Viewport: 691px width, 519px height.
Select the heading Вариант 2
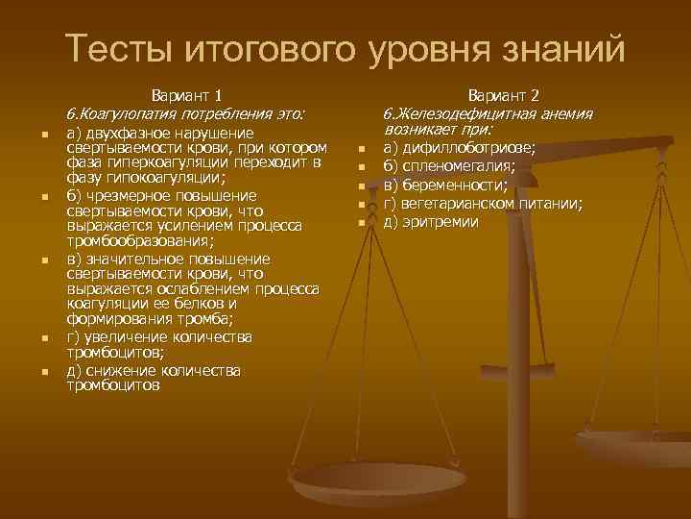pyautogui.click(x=504, y=95)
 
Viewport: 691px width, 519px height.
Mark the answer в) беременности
pyautogui.click(x=444, y=185)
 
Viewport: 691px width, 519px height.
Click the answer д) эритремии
pyautogui.click(x=430, y=222)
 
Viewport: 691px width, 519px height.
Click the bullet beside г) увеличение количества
pyautogui.click(x=44, y=338)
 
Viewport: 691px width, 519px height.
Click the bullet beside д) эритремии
pyautogui.click(x=362, y=223)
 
